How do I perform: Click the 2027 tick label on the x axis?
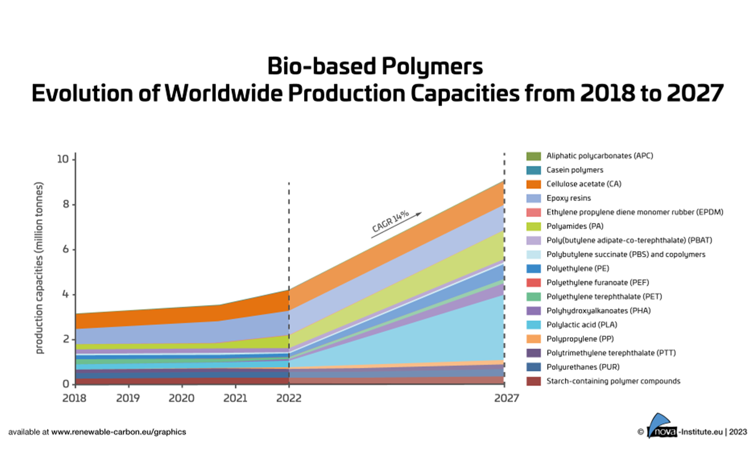tap(506, 398)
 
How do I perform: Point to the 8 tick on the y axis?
tap(65, 204)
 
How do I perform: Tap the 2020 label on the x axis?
tap(181, 398)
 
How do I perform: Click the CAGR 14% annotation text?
tap(390, 221)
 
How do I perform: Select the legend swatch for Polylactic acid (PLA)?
tap(533, 325)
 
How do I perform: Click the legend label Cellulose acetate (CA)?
tap(583, 184)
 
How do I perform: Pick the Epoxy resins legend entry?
tap(568, 198)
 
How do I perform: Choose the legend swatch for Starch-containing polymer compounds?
tap(533, 381)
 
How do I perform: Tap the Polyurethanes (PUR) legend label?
tap(582, 367)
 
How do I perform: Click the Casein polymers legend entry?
tap(574, 170)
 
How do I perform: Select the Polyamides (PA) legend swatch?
tap(533, 226)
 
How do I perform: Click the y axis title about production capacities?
tap(39, 268)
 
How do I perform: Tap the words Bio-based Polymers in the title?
tap(375, 67)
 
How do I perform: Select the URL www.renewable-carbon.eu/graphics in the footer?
tap(118, 432)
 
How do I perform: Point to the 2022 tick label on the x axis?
tap(289, 398)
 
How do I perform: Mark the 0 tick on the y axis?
tap(66, 384)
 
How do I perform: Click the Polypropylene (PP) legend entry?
tap(580, 339)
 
